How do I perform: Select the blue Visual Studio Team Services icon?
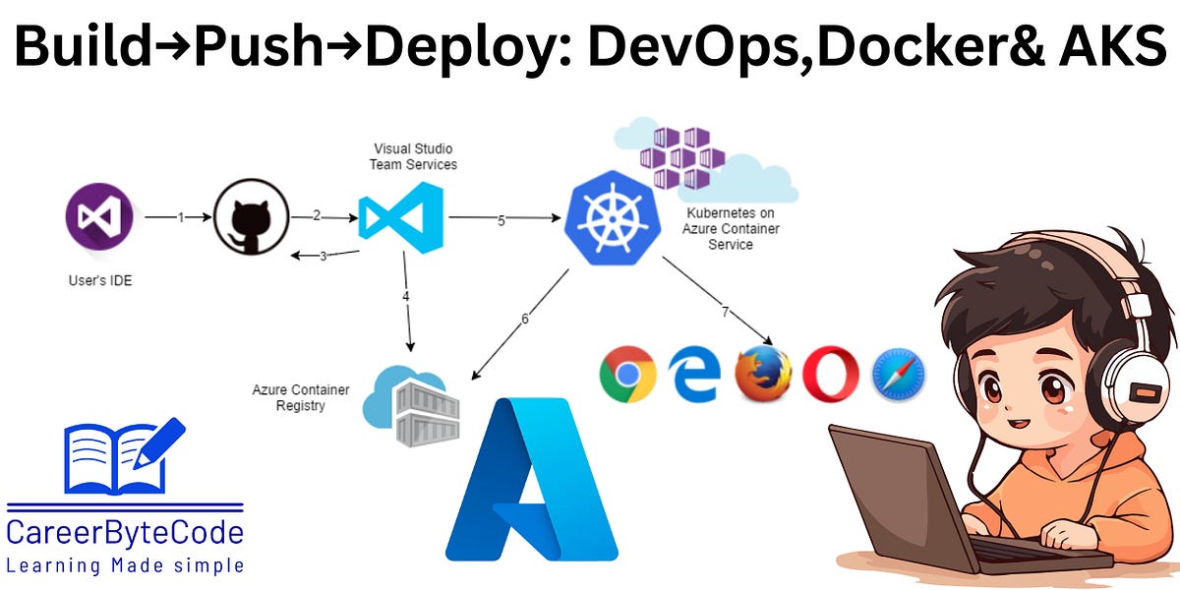(x=400, y=217)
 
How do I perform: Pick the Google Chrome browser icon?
(x=627, y=375)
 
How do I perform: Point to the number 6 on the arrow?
(x=525, y=320)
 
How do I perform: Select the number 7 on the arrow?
(x=726, y=313)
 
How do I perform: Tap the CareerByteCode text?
(x=125, y=532)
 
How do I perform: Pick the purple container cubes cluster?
(x=681, y=156)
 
